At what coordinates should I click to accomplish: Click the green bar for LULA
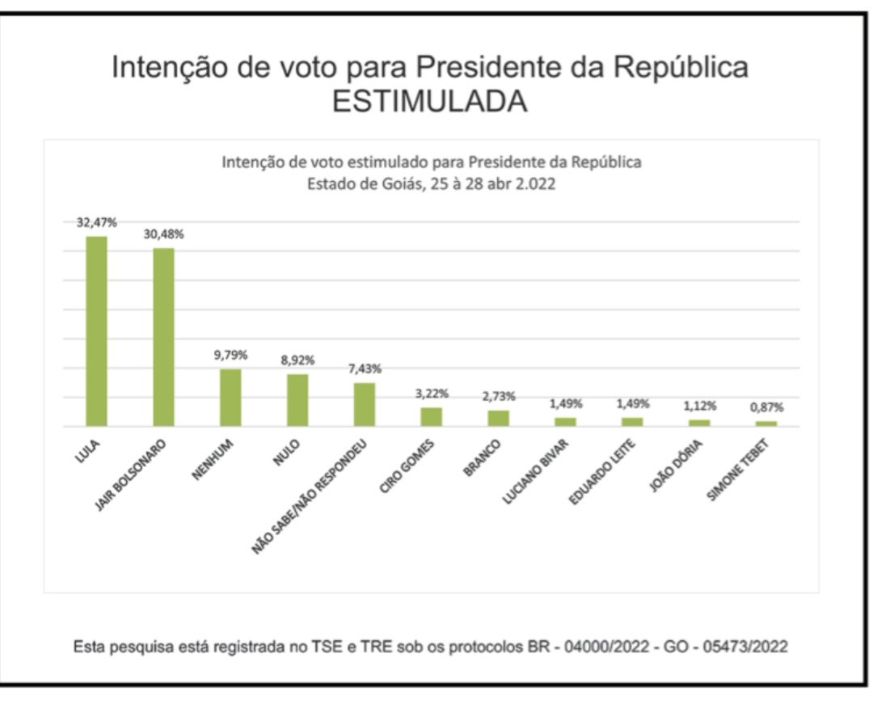tap(97, 331)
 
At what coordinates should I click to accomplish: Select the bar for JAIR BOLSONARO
tap(164, 337)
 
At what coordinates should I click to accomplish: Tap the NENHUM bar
tap(230, 398)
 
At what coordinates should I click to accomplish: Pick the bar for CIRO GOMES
tap(432, 417)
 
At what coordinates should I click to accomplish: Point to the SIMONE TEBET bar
tap(766, 424)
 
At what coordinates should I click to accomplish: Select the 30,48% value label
tap(164, 234)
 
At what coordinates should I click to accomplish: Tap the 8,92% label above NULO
tap(298, 360)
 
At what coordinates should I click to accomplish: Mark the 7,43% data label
tap(365, 369)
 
